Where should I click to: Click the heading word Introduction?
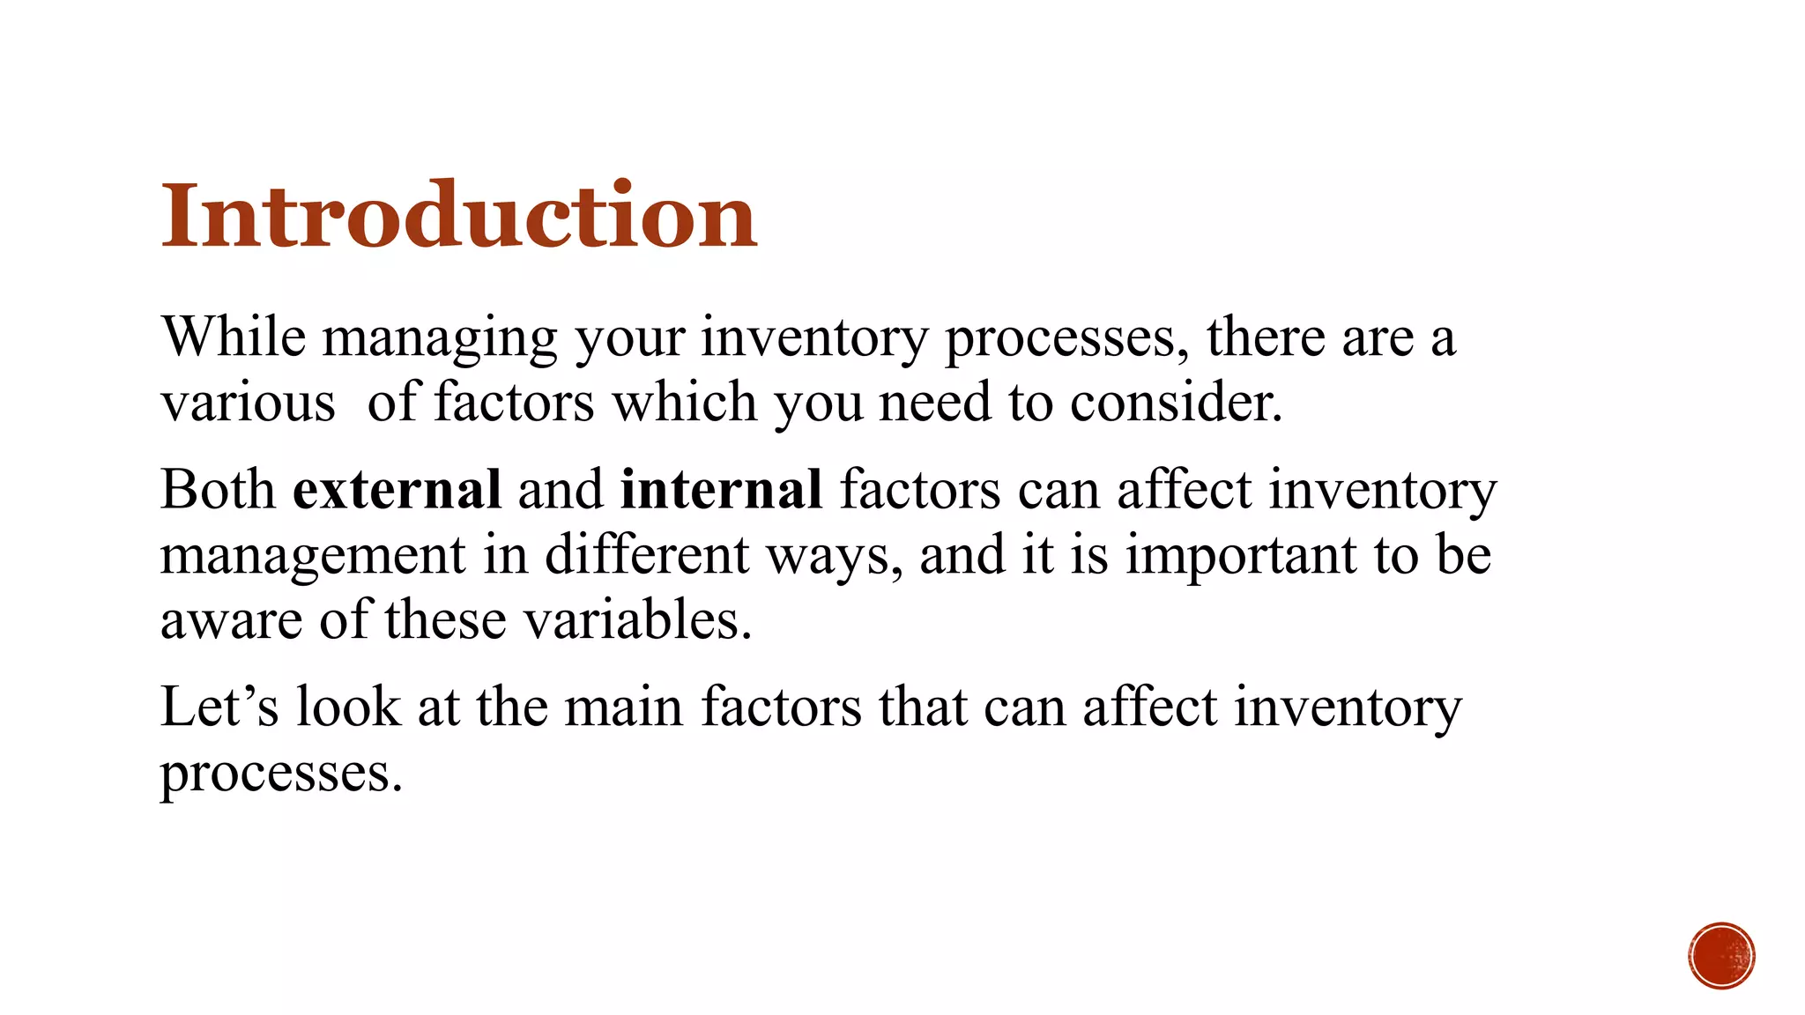(458, 216)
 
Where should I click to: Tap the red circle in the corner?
(1721, 956)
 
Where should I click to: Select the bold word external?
(397, 490)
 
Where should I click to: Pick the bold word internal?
(721, 490)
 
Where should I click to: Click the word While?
(234, 337)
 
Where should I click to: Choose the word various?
(248, 404)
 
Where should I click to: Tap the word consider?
(1176, 404)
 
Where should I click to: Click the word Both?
(218, 490)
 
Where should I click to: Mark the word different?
(646, 555)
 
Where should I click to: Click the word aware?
(231, 620)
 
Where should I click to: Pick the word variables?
(638, 620)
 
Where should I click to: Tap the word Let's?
(219, 707)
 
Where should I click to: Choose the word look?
(348, 707)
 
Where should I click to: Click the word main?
(623, 707)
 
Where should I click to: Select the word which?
(685, 404)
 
